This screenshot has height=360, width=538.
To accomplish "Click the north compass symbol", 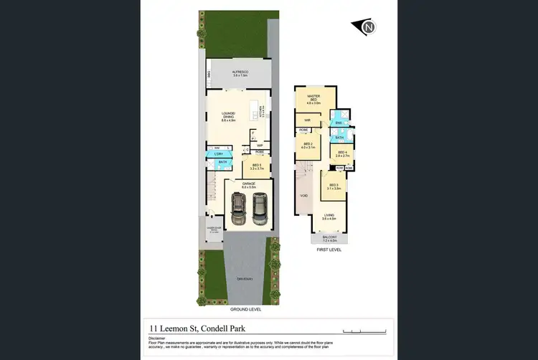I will (367, 27).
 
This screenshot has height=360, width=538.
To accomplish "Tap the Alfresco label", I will (239, 74).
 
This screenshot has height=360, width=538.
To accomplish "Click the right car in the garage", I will (259, 209).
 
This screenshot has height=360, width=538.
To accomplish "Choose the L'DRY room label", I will (218, 154).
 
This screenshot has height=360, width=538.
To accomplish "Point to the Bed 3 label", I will (333, 186).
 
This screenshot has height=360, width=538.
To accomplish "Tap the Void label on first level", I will (303, 194).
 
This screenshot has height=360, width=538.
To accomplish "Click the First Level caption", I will (329, 250).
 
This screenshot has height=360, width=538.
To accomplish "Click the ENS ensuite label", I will (338, 123).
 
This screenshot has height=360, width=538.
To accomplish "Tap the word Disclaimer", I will (157, 337).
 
